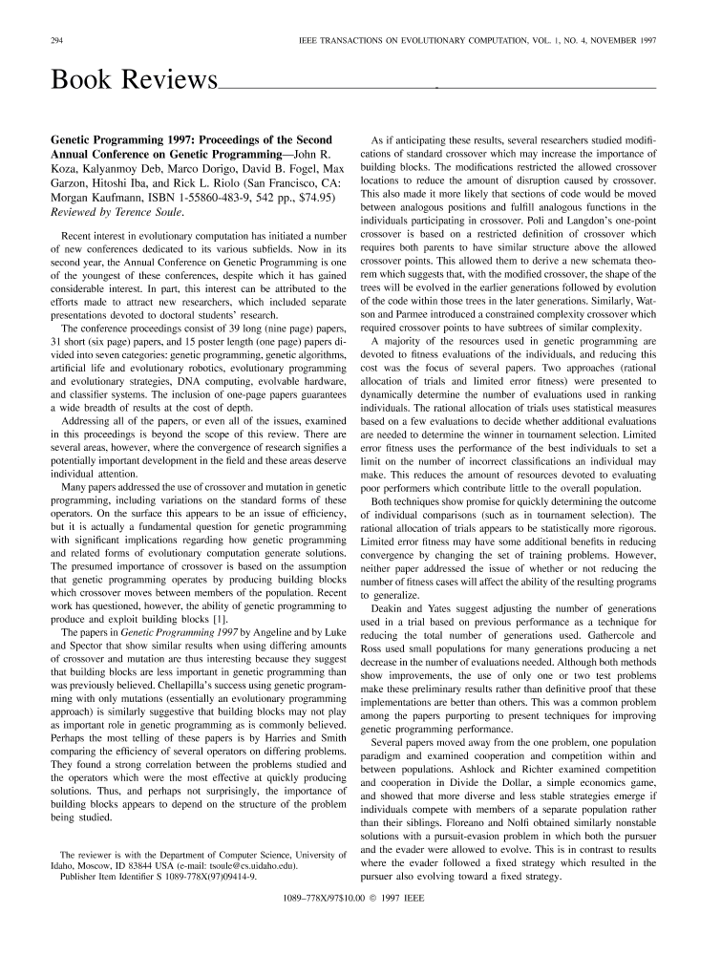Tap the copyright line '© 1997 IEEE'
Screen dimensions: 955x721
click(x=392, y=898)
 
